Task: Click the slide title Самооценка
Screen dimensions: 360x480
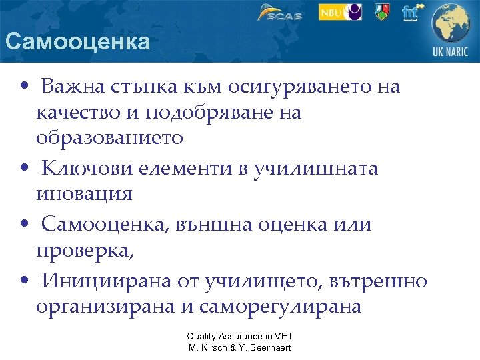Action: pyautogui.click(x=77, y=43)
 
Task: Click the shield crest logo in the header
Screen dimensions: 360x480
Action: pyautogui.click(x=381, y=12)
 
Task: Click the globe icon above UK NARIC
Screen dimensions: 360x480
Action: pyautogui.click(x=451, y=24)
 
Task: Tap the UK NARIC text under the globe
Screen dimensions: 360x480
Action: pyautogui.click(x=451, y=53)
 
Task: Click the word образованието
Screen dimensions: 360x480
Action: pyautogui.click(x=109, y=138)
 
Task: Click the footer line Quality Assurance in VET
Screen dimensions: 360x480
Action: pyautogui.click(x=239, y=337)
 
